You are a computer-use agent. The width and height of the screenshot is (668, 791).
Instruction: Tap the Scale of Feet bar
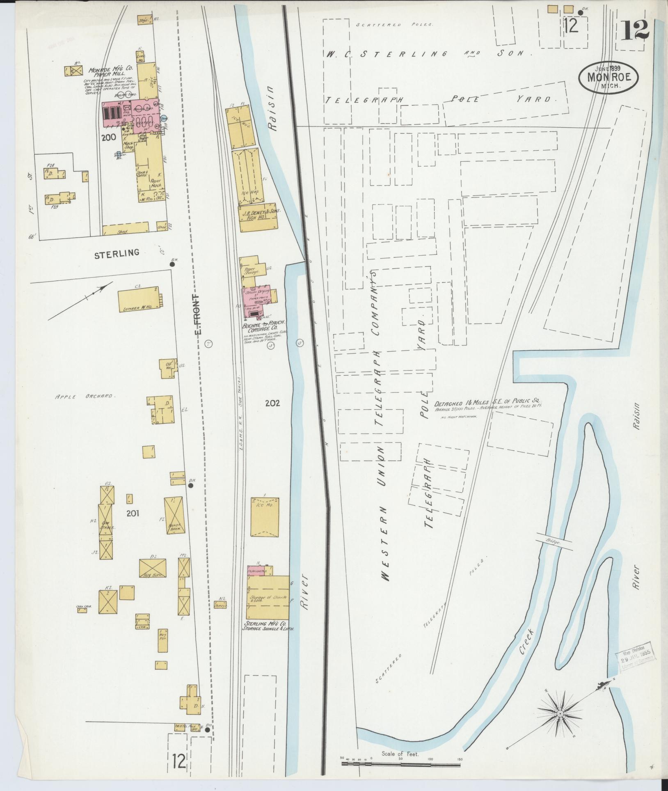(401, 763)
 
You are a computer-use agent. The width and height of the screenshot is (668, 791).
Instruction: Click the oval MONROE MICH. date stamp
(609, 78)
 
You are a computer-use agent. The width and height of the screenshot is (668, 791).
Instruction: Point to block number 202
(272, 404)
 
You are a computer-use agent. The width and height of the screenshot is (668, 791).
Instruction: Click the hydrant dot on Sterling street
(172, 264)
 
